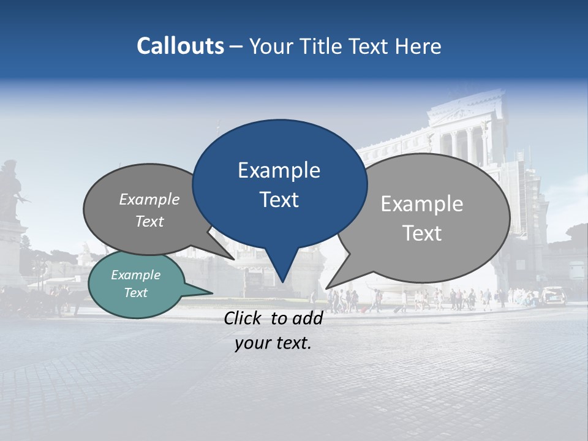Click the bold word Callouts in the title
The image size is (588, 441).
coord(180,46)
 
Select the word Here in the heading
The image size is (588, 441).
coord(418,46)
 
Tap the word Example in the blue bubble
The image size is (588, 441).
coord(279,170)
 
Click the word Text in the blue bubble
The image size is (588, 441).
coord(279,200)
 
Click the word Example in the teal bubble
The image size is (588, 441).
coord(135,275)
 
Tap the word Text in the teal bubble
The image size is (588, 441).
coord(135,293)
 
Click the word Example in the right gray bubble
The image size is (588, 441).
coord(421,204)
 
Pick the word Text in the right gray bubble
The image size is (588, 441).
coord(421,233)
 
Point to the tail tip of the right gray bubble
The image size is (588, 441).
coord(328,287)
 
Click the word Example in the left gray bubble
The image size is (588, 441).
coord(149,200)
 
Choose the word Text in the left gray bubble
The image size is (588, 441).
coord(149,222)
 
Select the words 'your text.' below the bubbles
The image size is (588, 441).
coord(273,343)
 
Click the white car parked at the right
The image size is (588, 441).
coord(552,296)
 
